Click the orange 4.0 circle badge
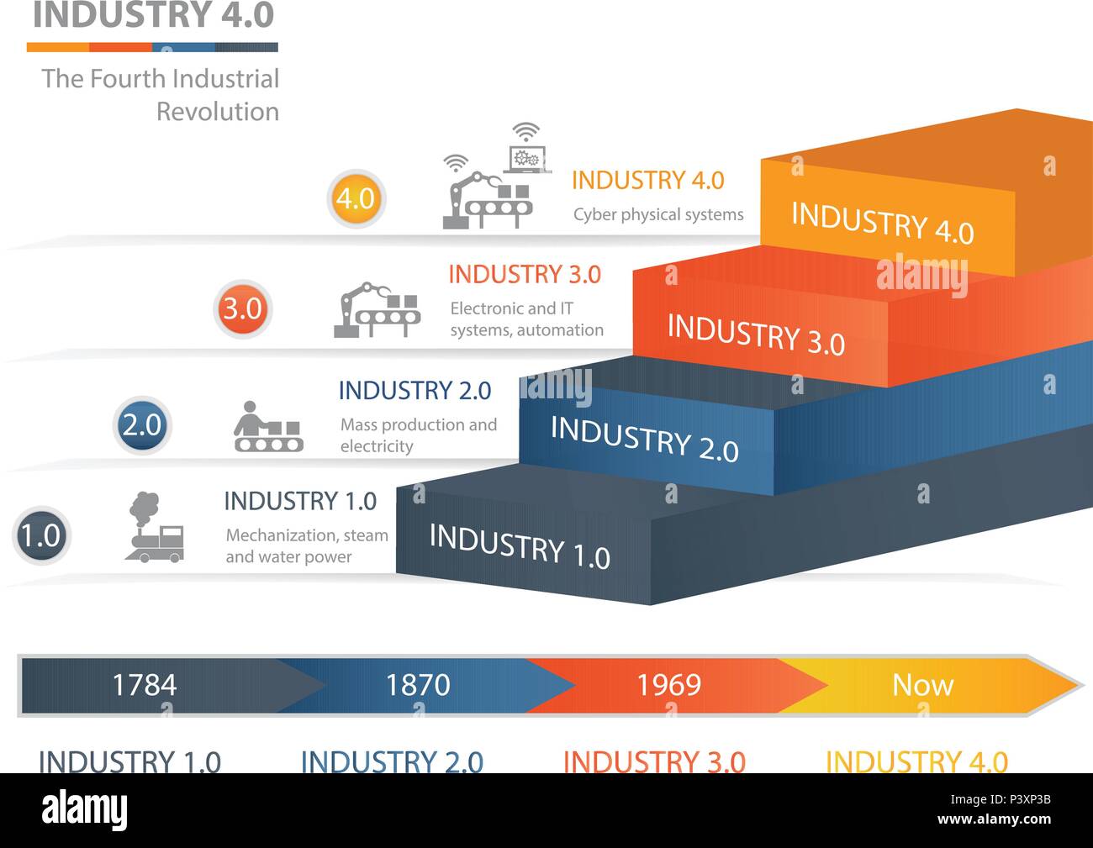click(356, 198)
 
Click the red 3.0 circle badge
click(242, 308)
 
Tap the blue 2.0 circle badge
click(141, 424)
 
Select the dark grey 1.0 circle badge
click(40, 535)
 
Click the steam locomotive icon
click(154, 529)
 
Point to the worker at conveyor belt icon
click(268, 428)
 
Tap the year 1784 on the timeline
click(145, 685)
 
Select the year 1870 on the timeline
click(418, 685)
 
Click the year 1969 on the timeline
click(668, 685)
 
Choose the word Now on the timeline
click(922, 685)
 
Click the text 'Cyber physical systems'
click(658, 215)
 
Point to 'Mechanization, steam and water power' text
click(307, 545)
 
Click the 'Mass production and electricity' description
click(418, 435)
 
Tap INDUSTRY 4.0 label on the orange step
click(882, 224)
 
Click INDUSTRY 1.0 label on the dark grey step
click(520, 546)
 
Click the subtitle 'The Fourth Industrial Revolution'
click(161, 94)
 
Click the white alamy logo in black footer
click(85, 810)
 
